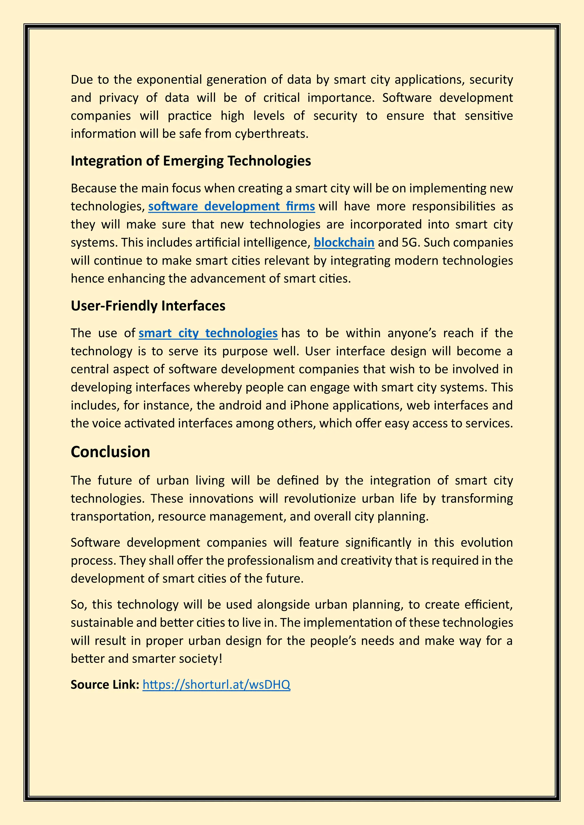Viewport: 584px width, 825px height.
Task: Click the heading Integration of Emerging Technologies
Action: [x=190, y=161]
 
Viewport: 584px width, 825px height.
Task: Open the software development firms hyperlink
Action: [x=231, y=206]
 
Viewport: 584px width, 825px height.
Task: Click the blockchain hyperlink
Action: [x=344, y=242]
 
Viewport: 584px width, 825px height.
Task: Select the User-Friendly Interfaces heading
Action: [x=148, y=306]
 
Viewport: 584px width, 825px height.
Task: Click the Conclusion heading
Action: [x=110, y=452]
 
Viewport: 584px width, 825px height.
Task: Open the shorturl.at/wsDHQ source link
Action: [x=216, y=685]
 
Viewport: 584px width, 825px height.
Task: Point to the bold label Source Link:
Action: [x=105, y=685]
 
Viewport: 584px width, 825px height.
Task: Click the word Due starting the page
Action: [x=82, y=79]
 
